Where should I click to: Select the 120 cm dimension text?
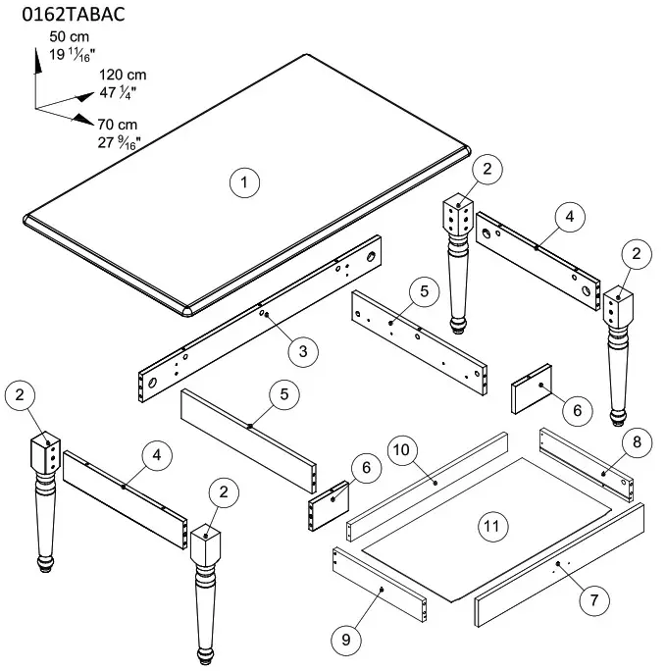pyautogui.click(x=123, y=76)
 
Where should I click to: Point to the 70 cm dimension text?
pyautogui.click(x=119, y=124)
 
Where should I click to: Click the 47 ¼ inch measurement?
pyautogui.click(x=119, y=92)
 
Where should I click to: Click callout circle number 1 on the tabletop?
pyautogui.click(x=243, y=181)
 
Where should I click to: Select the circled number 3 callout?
pyautogui.click(x=303, y=349)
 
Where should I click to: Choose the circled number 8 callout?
pyautogui.click(x=636, y=443)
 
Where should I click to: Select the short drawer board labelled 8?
pyautogui.click(x=587, y=465)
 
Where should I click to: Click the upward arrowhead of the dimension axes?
pyautogui.click(x=36, y=57)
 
